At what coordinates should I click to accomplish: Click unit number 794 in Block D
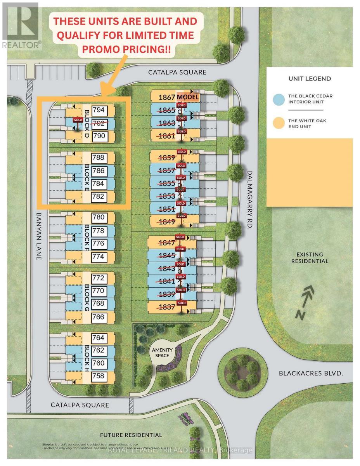[99, 110]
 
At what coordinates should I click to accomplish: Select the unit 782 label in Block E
[99, 197]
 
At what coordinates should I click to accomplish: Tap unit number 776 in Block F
[99, 243]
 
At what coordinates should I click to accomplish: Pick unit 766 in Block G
[99, 317]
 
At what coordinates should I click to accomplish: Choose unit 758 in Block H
[99, 376]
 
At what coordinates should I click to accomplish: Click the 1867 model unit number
[167, 97]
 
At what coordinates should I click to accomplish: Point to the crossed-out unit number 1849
[168, 222]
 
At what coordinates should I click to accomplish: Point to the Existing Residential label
[312, 257]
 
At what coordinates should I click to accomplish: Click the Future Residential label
[131, 435]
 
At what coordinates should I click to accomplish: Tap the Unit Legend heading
[310, 78]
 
